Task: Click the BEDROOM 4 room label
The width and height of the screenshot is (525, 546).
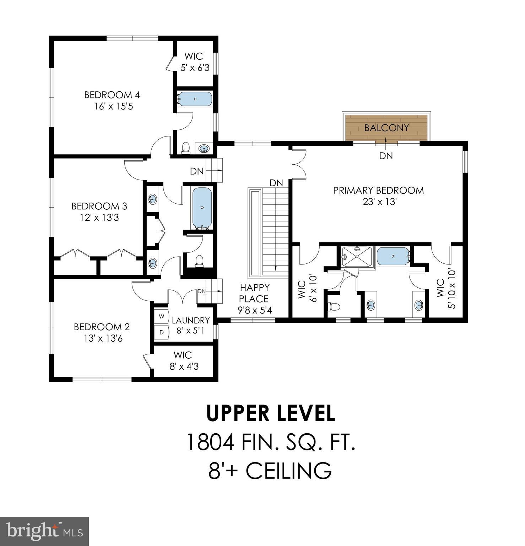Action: pyautogui.click(x=112, y=95)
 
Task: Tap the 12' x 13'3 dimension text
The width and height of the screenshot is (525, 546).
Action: pyautogui.click(x=99, y=218)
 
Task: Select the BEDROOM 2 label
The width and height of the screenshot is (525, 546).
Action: pyautogui.click(x=102, y=327)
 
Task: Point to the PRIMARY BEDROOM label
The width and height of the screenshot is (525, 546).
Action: pyautogui.click(x=378, y=190)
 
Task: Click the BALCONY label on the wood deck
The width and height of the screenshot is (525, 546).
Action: pyautogui.click(x=386, y=128)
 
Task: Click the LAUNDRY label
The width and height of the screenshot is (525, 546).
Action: pyautogui.click(x=191, y=320)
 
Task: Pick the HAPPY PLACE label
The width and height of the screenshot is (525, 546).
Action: pyautogui.click(x=254, y=293)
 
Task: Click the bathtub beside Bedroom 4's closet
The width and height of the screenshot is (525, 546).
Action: pyautogui.click(x=195, y=99)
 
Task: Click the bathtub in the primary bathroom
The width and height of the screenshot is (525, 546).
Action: pyautogui.click(x=393, y=256)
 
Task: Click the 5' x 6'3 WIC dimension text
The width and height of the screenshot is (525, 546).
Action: pyautogui.click(x=195, y=68)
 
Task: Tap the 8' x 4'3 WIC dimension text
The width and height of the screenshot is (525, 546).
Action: pyautogui.click(x=184, y=366)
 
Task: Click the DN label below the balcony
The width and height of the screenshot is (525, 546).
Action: pyautogui.click(x=386, y=156)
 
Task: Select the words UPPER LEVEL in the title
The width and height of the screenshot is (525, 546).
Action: pyautogui.click(x=271, y=413)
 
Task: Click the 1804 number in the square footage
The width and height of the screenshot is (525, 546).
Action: pyautogui.click(x=210, y=442)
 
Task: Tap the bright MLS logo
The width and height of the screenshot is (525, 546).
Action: pyautogui.click(x=44, y=531)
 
